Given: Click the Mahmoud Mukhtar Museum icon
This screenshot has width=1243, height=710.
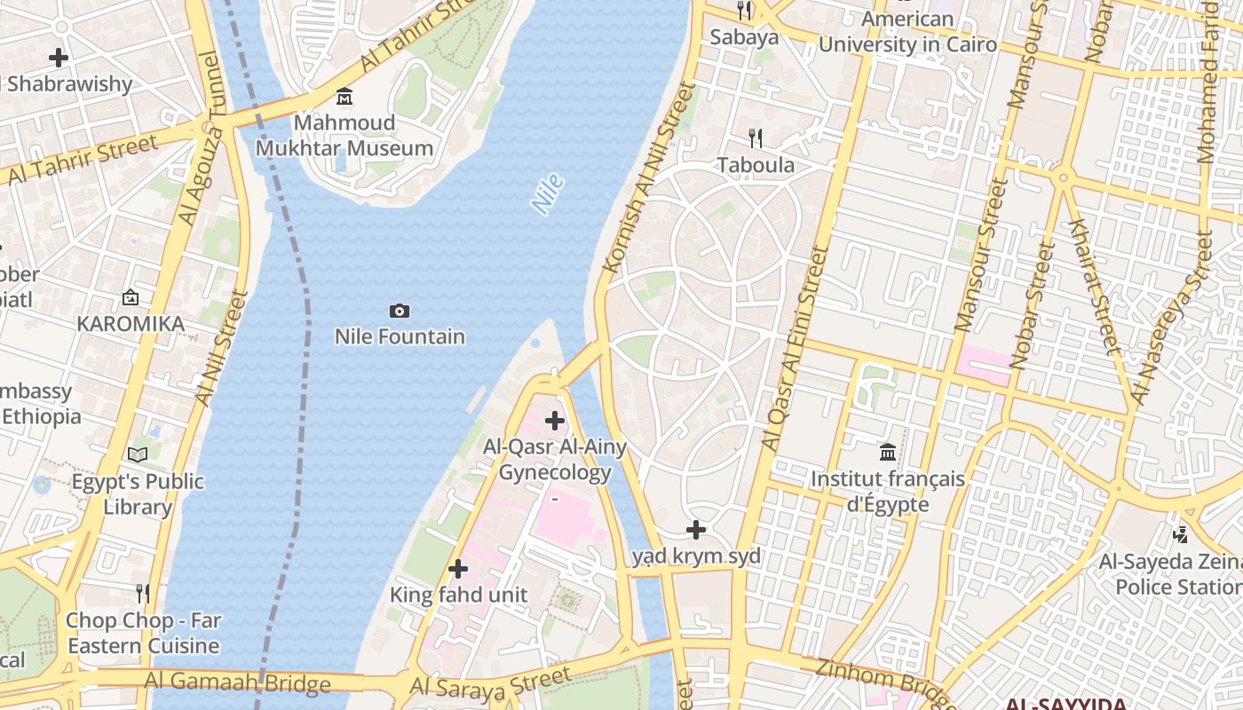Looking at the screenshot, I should (344, 96).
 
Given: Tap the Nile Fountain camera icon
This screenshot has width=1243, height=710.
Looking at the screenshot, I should (400, 311).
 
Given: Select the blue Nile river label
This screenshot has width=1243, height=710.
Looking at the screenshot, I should (548, 194).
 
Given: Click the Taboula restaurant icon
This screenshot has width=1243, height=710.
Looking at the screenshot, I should (756, 138).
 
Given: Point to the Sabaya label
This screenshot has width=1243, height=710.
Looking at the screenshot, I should (744, 36).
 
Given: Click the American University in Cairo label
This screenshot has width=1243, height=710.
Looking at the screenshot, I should (907, 32).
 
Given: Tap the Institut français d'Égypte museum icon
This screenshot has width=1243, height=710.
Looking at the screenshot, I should (887, 453).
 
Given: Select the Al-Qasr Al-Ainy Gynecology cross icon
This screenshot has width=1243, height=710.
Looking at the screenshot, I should (555, 420).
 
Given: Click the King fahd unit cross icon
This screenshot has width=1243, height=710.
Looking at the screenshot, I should (458, 568).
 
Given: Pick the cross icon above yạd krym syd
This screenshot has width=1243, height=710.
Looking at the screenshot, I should (696, 530).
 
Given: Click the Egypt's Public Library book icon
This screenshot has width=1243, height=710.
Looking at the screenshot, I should (138, 454).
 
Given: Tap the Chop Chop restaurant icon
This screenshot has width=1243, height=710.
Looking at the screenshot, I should (143, 593).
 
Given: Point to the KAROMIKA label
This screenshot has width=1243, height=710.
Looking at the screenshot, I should (131, 324).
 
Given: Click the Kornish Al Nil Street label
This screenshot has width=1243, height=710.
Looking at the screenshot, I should (646, 177).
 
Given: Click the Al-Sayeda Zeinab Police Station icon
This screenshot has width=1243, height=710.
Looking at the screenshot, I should (1180, 534).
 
